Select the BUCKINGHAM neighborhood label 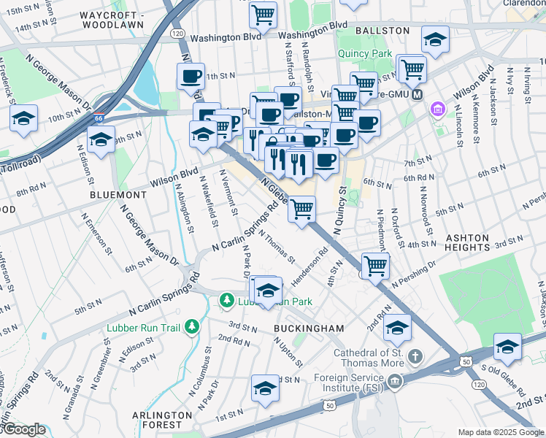tap(309, 329)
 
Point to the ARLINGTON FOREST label tap(157, 419)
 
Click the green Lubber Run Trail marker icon tap(191, 326)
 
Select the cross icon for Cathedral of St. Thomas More tap(415, 357)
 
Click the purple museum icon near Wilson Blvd tap(438, 109)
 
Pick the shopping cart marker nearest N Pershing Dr tap(375, 266)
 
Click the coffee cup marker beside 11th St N tap(191, 76)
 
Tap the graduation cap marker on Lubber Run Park tap(269, 290)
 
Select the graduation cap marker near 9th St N tap(101, 139)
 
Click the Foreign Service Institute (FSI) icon tap(395, 380)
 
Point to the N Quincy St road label tap(339, 210)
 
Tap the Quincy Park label tap(364, 53)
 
